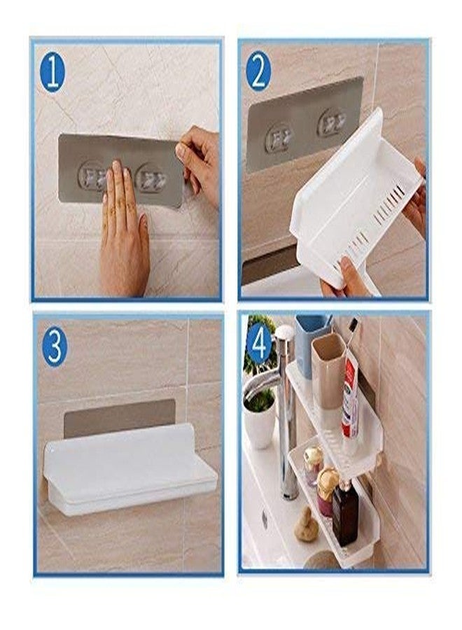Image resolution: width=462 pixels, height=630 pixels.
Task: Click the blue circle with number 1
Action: coord(52,73)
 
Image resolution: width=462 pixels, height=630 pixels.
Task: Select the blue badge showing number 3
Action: coord(54,348)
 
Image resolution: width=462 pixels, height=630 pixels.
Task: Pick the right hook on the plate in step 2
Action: coord(332,121)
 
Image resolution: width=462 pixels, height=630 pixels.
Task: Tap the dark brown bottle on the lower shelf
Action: coord(344,514)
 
